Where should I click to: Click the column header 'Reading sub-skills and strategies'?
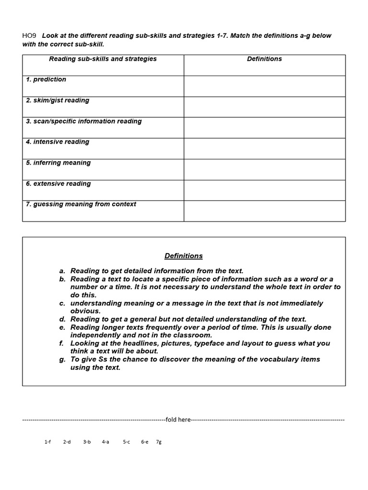103,59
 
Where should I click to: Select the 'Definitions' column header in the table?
264,59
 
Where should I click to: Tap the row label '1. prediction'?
46,79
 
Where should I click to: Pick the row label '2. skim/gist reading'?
57,100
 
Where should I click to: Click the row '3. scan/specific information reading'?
84,122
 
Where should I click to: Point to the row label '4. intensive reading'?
57,142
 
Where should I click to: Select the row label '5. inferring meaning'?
58,163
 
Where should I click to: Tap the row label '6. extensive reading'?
58,184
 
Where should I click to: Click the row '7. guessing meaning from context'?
81,204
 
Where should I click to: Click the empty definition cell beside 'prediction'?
264,86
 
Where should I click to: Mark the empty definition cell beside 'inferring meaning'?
264,169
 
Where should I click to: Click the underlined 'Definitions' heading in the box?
184,256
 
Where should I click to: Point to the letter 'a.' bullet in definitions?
62,271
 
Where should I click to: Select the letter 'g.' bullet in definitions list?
62,359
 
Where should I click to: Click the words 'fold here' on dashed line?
178,420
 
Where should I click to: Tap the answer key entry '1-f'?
47,442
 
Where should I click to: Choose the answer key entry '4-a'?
105,442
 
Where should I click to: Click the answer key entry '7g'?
159,442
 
